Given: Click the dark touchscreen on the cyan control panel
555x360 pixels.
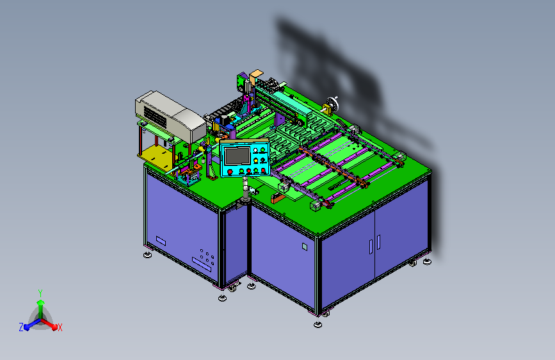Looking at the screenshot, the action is [237, 156].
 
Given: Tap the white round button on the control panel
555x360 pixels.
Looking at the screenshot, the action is [255, 151].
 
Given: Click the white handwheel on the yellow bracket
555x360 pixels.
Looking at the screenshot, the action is [332, 104].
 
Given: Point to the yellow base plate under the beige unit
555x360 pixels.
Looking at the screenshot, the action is [156, 156].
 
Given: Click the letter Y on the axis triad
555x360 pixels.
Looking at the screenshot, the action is [40, 293].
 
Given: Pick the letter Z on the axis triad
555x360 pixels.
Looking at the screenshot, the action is [21, 327].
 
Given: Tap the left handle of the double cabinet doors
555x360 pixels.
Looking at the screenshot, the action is [371, 247].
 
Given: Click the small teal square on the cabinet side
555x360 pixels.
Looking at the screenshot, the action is [305, 246].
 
